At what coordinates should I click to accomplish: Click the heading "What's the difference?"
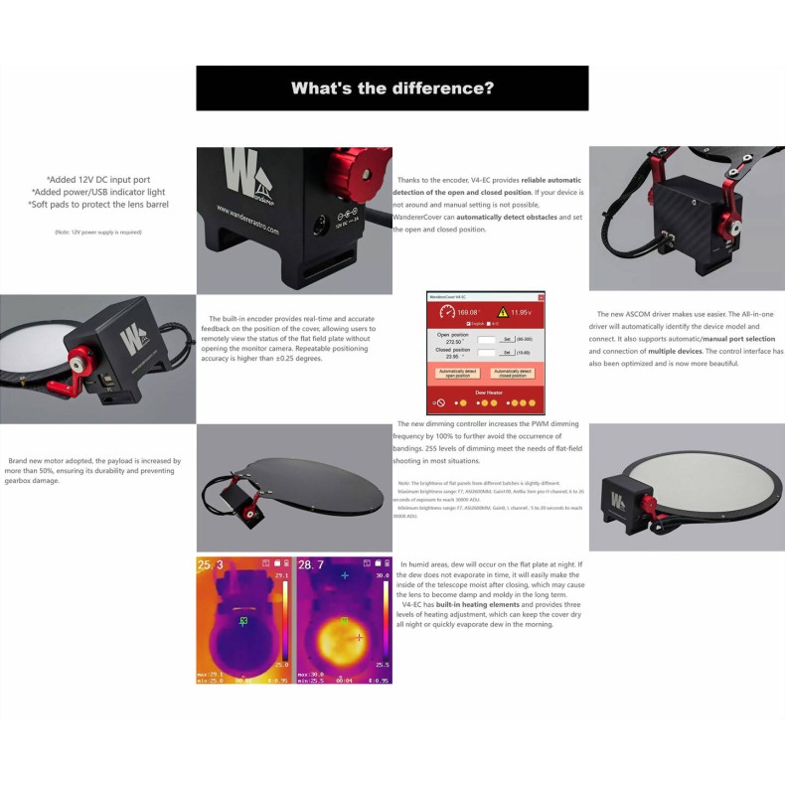[392, 87]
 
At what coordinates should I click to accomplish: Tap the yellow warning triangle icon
[505, 311]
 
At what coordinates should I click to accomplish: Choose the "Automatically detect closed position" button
[513, 373]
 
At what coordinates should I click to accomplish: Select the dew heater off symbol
[439, 403]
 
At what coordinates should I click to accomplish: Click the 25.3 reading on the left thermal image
[211, 565]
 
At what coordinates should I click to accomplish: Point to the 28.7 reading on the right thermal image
[312, 565]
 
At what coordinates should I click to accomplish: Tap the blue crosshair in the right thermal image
[345, 575]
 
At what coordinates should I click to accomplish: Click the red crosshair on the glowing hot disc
[360, 637]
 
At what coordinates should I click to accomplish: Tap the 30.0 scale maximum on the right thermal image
[383, 575]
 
